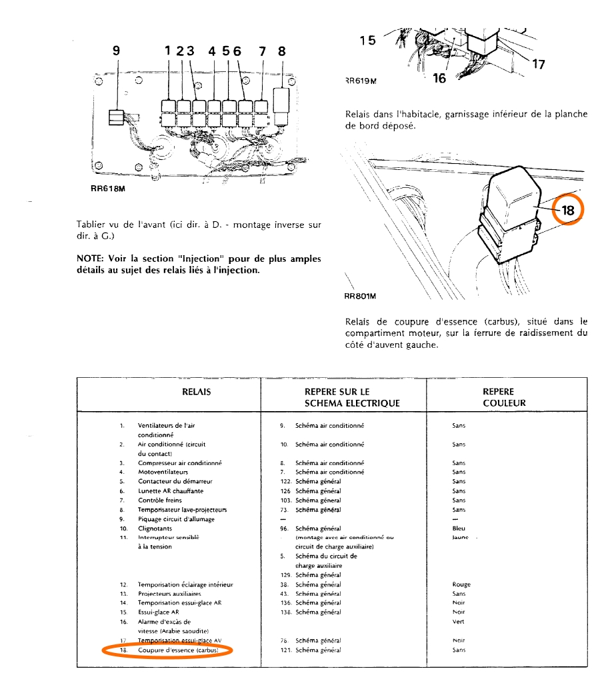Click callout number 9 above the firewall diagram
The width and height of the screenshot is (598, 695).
click(x=117, y=50)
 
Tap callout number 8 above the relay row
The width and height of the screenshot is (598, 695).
click(x=281, y=50)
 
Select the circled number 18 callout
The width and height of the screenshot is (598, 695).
click(x=567, y=210)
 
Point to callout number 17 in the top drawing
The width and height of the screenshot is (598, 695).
click(x=539, y=65)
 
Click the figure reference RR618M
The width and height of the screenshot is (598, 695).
click(x=107, y=189)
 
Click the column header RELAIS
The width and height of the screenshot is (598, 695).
click(x=196, y=392)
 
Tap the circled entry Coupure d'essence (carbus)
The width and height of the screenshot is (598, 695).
click(x=178, y=650)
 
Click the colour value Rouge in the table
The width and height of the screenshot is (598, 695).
click(x=461, y=584)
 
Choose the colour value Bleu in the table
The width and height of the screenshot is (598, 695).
click(x=459, y=528)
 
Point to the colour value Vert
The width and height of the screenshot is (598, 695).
click(x=457, y=622)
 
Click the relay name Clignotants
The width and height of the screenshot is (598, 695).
click(x=155, y=528)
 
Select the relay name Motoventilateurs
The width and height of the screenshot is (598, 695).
click(x=163, y=472)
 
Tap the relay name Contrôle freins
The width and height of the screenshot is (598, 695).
click(x=159, y=500)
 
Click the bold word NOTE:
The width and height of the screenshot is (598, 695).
click(x=91, y=259)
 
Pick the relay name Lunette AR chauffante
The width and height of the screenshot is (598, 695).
click(x=171, y=490)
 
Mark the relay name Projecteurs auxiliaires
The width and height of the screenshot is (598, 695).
click(x=169, y=593)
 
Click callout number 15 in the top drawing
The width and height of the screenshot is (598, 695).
click(x=367, y=40)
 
